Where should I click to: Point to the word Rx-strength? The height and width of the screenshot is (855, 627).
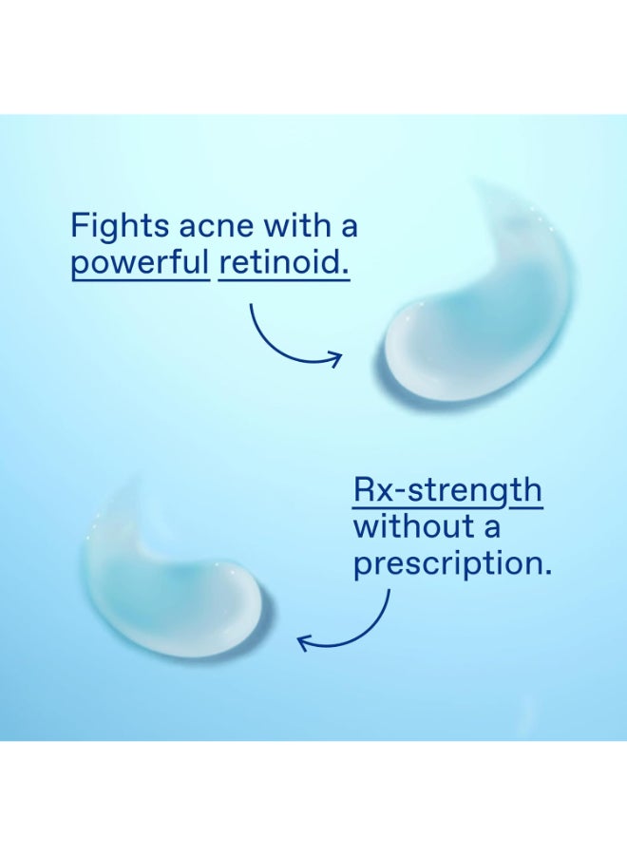(447, 493)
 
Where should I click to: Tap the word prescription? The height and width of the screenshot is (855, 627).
(451, 564)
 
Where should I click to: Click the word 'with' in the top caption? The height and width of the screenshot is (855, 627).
(294, 228)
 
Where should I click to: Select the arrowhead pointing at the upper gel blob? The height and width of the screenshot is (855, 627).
(334, 359)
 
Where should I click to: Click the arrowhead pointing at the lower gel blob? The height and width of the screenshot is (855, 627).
(305, 643)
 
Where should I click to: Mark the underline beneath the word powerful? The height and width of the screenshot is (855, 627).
(140, 281)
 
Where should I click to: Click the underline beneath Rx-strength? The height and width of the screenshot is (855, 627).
(447, 508)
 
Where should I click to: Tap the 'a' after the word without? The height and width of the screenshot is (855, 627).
(489, 527)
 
